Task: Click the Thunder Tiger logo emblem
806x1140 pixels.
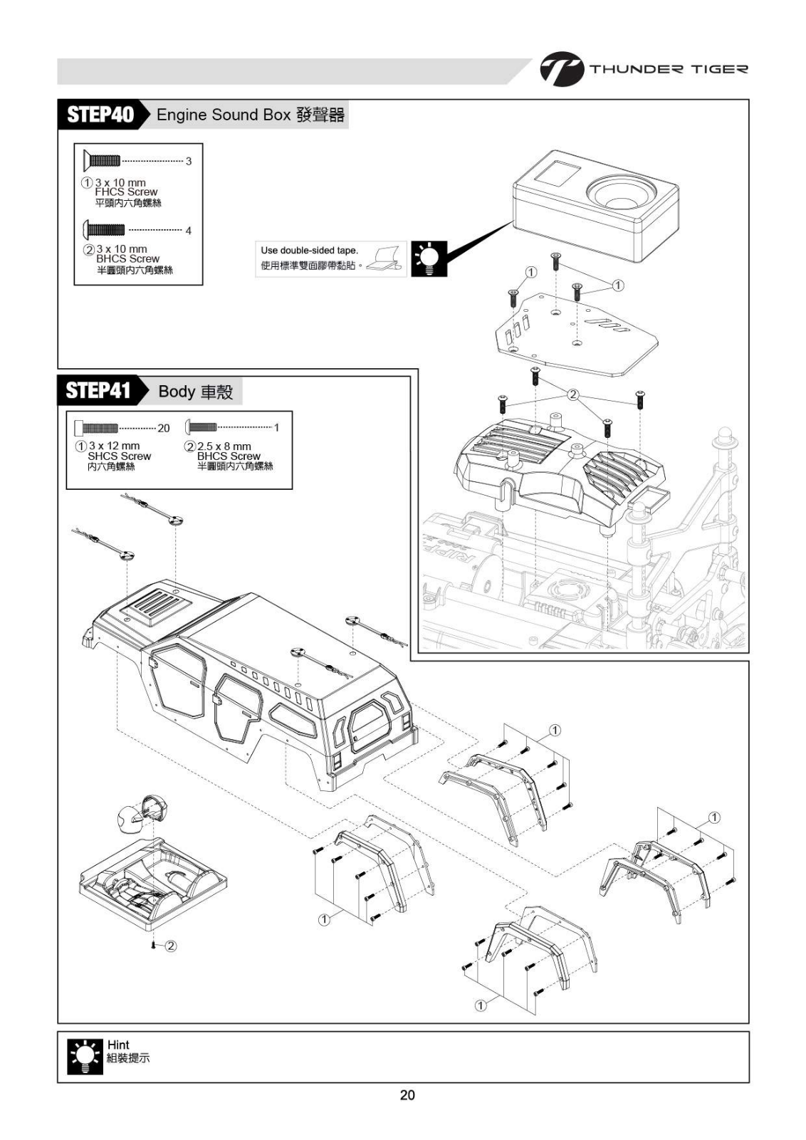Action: pos(561,70)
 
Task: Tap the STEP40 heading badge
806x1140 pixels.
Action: pos(100,115)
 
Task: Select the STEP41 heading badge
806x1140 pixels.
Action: pos(99,390)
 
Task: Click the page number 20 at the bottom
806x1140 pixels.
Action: pos(407,1095)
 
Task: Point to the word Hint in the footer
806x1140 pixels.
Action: pos(118,1045)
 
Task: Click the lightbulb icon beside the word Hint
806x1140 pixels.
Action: pos(84,1057)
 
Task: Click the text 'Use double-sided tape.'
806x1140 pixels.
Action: pos(309,251)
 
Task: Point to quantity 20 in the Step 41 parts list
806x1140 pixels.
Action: pos(164,428)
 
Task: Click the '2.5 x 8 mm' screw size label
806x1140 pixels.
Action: pos(224,446)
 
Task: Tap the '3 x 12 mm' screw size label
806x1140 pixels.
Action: pos(114,446)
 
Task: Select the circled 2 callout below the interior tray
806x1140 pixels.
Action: pos(171,946)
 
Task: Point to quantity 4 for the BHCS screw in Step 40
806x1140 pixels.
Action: pos(189,231)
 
